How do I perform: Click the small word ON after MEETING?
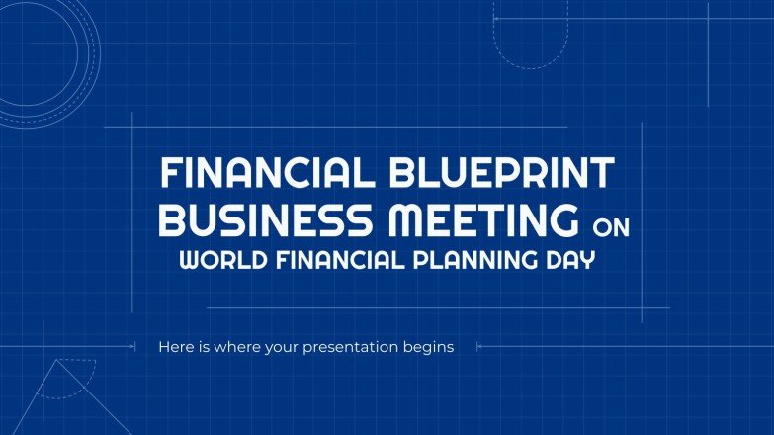[610, 228]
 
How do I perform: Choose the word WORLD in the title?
[218, 262]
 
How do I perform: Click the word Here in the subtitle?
[174, 347]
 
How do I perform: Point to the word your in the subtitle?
[284, 348]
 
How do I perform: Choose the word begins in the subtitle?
[430, 348]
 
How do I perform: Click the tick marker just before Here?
[132, 346]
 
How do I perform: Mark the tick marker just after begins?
[479, 346]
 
